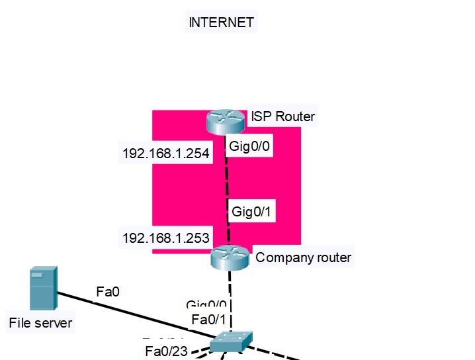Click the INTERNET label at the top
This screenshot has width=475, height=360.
(221, 22)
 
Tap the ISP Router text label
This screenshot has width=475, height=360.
(282, 117)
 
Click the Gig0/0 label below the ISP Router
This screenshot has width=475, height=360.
(249, 146)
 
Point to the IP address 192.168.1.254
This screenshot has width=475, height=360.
(166, 154)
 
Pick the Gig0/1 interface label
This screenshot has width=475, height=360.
(253, 212)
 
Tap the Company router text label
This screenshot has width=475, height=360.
(304, 257)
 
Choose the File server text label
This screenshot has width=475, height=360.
(40, 324)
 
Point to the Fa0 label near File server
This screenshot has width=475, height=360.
(108, 291)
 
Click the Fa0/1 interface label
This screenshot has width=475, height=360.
(208, 320)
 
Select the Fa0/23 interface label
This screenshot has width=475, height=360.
(166, 351)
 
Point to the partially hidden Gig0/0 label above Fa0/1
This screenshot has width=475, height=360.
(206, 304)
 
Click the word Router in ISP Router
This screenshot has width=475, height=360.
(295, 117)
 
